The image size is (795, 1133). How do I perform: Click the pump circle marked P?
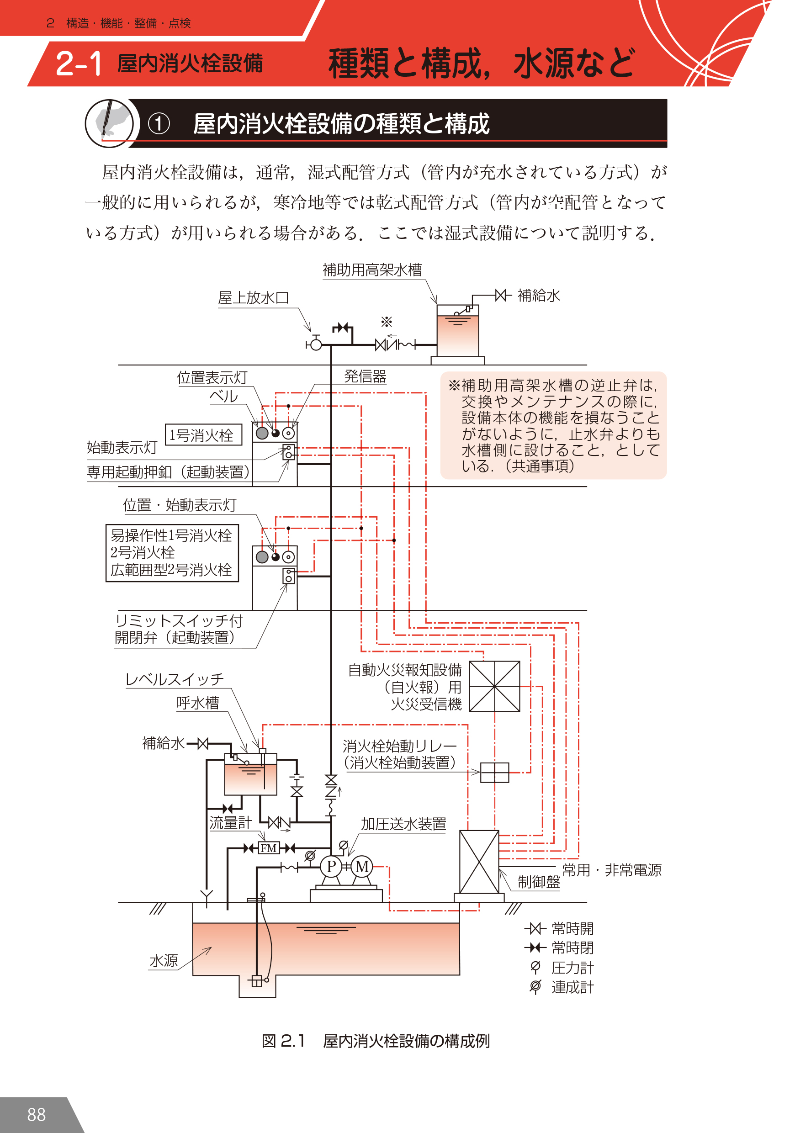click(x=331, y=867)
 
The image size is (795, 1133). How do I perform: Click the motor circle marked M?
click(x=362, y=867)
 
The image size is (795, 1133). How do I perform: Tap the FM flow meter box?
click(x=269, y=848)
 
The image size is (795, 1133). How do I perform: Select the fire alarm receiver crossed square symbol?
click(x=494, y=686)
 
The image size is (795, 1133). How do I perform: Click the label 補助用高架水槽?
click(x=372, y=270)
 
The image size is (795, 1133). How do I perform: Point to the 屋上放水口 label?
click(x=253, y=297)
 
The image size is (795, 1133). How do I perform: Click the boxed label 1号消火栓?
click(x=203, y=435)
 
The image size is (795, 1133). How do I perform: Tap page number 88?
click(x=36, y=1114)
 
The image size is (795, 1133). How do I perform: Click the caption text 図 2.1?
click(x=283, y=1041)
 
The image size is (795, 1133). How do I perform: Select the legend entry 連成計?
click(x=572, y=987)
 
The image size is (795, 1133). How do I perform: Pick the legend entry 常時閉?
click(x=572, y=948)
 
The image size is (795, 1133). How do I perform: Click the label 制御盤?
click(x=538, y=882)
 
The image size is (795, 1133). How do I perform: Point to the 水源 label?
click(x=164, y=960)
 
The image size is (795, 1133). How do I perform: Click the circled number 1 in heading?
click(x=159, y=124)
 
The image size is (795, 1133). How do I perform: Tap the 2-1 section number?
click(x=79, y=64)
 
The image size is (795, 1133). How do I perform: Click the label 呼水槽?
click(x=197, y=703)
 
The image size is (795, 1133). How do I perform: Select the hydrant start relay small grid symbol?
click(x=494, y=772)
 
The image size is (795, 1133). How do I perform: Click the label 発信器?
click(x=365, y=376)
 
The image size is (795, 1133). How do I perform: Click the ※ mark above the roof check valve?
click(x=387, y=322)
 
